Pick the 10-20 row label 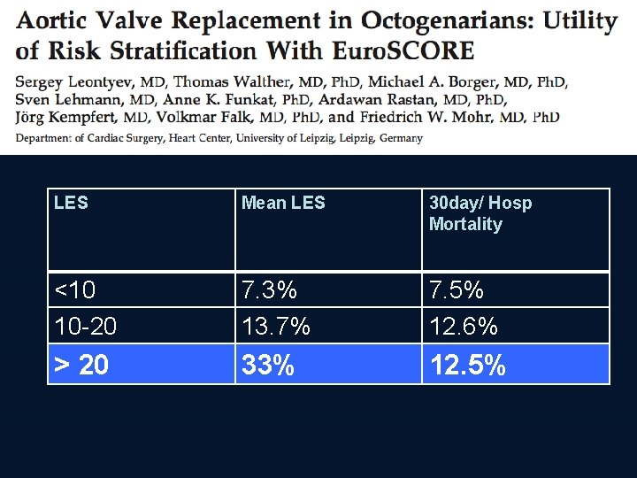(x=85, y=327)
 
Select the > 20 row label (x=81, y=365)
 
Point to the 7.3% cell (x=270, y=289)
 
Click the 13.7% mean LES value (x=276, y=327)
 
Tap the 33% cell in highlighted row (x=268, y=365)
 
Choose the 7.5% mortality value (x=457, y=289)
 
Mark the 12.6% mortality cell (x=464, y=327)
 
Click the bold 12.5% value (x=467, y=365)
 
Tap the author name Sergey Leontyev (x=73, y=82)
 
